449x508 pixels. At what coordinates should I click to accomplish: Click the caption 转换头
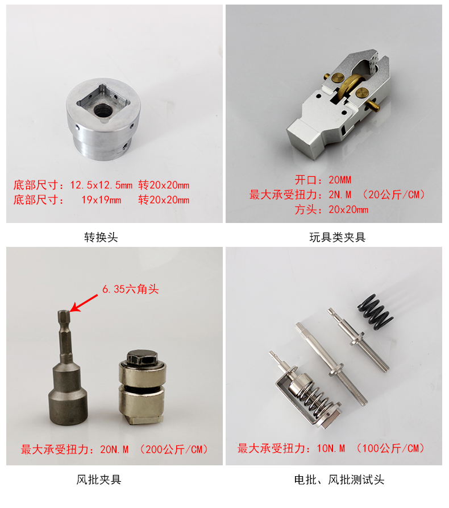click(101, 237)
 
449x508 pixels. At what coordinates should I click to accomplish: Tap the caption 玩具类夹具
click(338, 237)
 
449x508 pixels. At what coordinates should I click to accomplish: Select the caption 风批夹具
click(99, 480)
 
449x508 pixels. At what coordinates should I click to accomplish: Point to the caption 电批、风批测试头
click(339, 480)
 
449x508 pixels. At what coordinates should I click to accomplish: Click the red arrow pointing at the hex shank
click(84, 303)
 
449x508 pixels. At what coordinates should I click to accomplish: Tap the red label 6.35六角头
click(131, 289)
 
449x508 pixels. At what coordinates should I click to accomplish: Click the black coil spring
click(376, 312)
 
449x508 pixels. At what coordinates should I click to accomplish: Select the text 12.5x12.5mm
click(101, 185)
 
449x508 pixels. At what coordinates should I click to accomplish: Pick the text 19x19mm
click(101, 200)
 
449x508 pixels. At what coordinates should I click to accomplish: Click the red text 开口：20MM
click(323, 180)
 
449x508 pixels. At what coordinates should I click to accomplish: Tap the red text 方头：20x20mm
click(331, 209)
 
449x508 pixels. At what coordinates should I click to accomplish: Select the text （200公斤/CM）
click(174, 449)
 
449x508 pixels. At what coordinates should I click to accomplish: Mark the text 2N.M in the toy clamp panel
click(340, 195)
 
